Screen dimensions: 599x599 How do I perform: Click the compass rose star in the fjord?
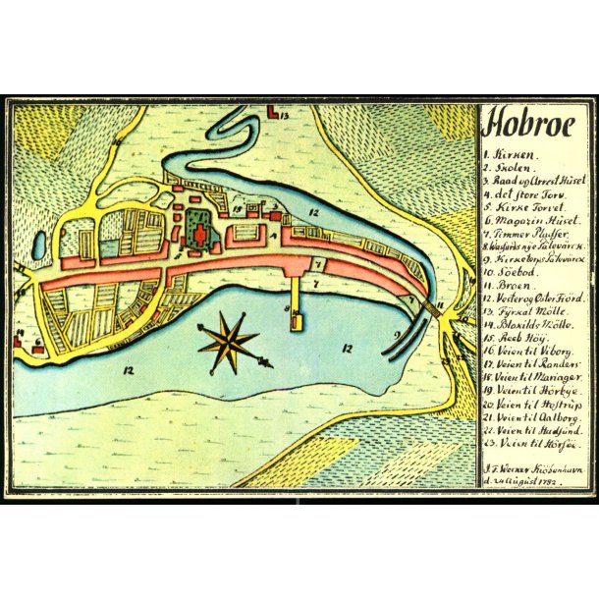click(229, 342)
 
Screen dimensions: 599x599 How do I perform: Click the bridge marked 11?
click(433, 309)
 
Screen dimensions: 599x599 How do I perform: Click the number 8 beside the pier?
click(288, 311)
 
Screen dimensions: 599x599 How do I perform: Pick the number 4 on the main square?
click(271, 236)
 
